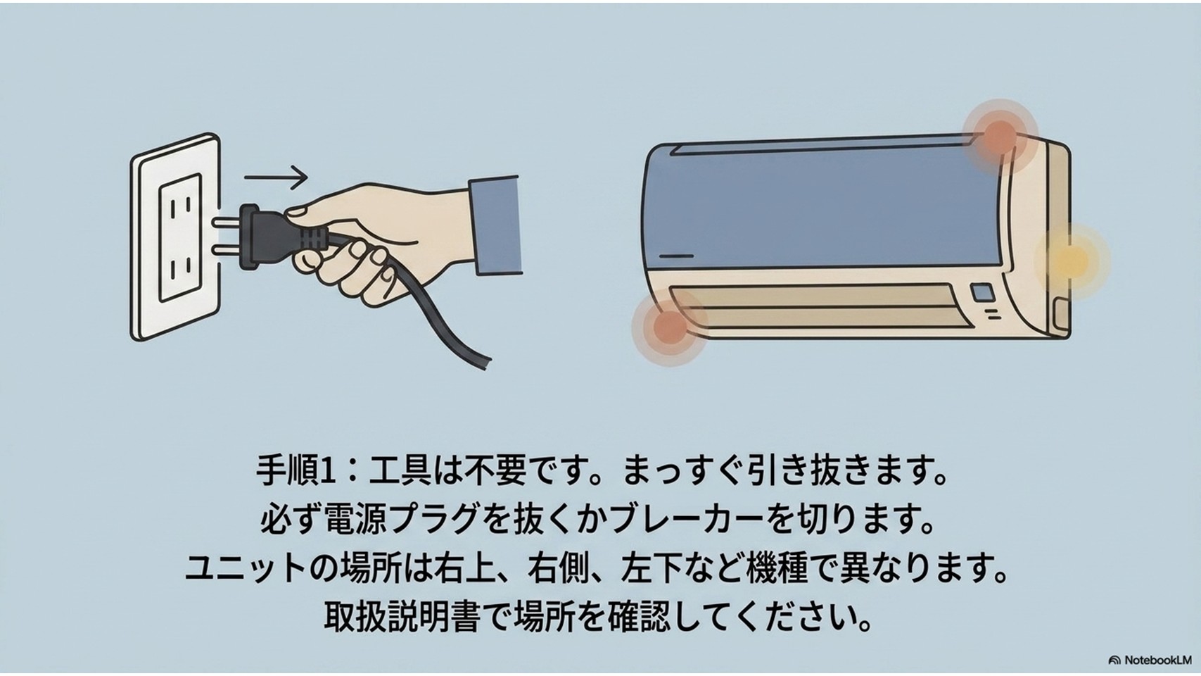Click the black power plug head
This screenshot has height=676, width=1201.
tap(268, 236)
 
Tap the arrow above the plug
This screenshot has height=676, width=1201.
tap(276, 177)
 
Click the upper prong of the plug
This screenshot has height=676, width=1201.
tap(227, 222)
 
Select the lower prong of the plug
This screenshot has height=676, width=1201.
tap(227, 250)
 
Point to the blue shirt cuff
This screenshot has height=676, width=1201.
tap(495, 225)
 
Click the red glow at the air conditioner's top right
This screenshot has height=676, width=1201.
tap(999, 137)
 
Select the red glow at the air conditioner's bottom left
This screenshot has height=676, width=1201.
tap(669, 325)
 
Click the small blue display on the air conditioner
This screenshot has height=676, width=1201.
tap(982, 292)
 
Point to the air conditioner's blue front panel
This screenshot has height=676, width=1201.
tap(823, 206)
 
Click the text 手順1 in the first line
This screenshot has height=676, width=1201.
tap(296, 472)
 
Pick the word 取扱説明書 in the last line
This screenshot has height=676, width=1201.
tap(401, 616)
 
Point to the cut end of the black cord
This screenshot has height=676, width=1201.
tap(485, 363)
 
